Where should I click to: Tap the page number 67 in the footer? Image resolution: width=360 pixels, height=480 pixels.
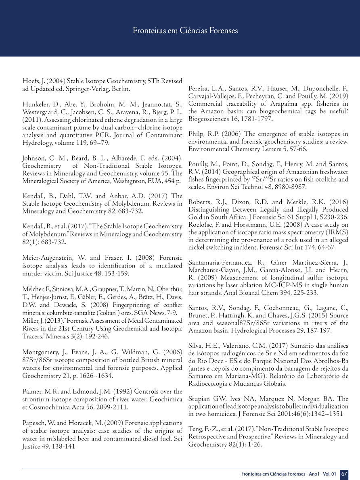coord(344,474)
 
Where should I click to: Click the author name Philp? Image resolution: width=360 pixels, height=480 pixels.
coord(196,134)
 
